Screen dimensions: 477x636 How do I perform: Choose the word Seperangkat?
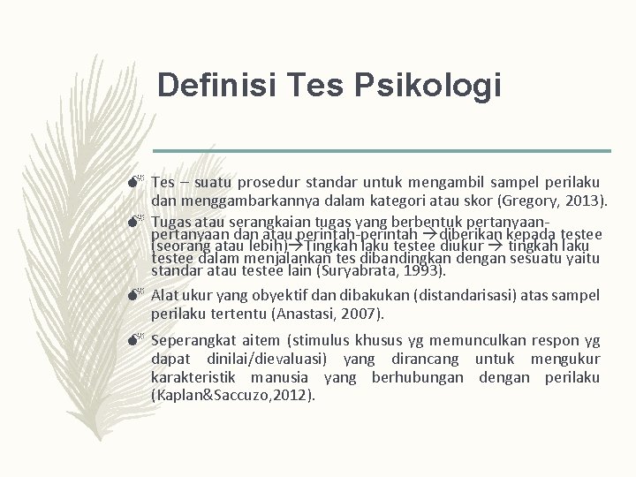[191, 340]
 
